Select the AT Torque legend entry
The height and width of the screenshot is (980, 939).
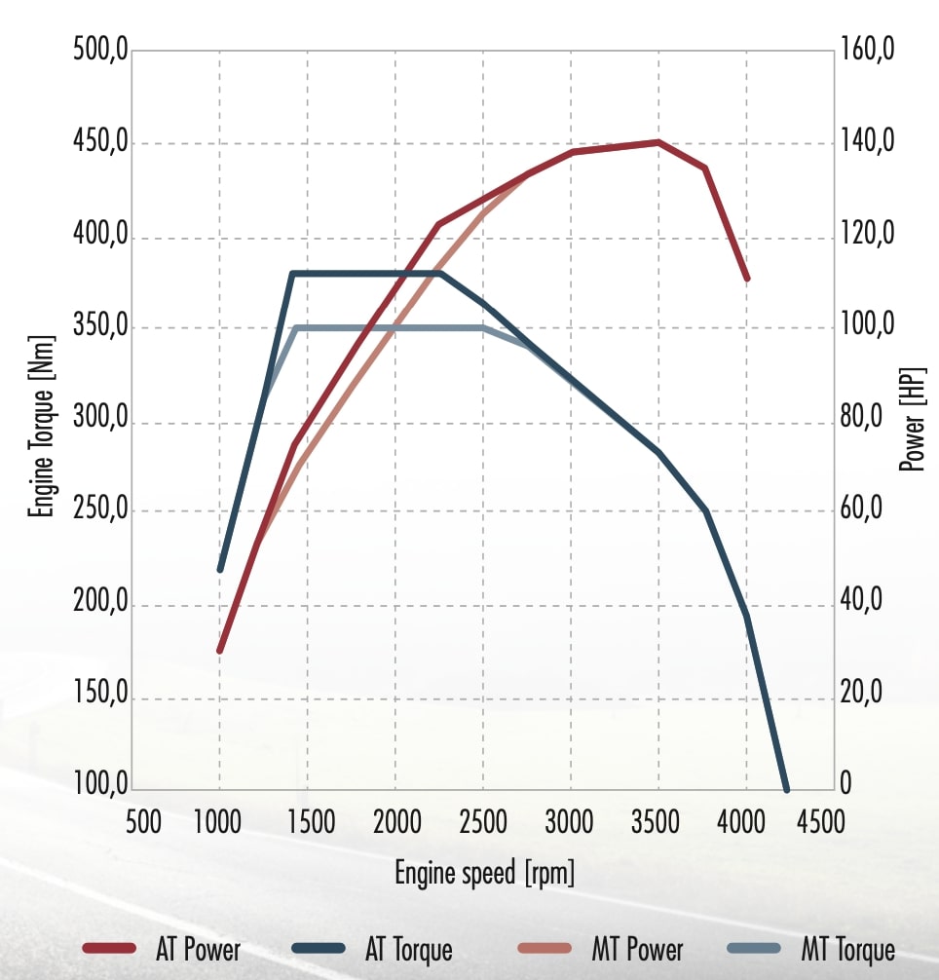(x=372, y=949)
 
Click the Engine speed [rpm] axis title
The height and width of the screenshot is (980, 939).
(x=484, y=873)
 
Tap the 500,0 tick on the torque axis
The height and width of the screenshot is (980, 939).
(x=101, y=51)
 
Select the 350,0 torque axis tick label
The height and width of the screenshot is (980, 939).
(x=101, y=325)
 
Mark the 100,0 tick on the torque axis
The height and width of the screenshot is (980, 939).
(x=101, y=785)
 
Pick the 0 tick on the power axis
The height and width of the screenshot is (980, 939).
(x=845, y=785)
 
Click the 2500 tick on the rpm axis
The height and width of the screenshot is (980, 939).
(x=483, y=822)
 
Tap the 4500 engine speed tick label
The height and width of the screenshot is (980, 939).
(x=820, y=822)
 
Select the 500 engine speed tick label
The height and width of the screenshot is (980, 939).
(x=143, y=822)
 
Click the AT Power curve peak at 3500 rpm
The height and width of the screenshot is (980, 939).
(x=658, y=142)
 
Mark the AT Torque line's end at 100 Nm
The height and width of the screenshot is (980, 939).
(x=786, y=788)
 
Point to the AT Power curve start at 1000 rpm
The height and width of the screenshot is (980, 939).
(x=220, y=650)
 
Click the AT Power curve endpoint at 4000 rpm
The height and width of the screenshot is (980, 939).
(x=747, y=279)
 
